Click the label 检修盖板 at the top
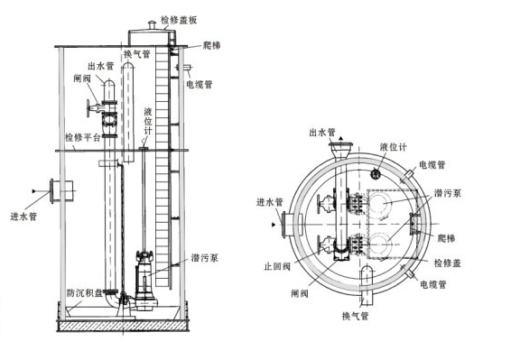pos(179,20)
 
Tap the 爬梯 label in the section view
pos(211,45)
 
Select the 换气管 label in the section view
pos(137,54)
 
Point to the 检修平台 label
pos(83,137)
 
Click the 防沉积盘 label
pos(84,293)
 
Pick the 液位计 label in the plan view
pos(394,147)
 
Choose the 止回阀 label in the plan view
pos(277,266)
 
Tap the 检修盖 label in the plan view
pos(448,263)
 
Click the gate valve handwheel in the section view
pos(88,108)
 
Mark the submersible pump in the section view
pos(144,281)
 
